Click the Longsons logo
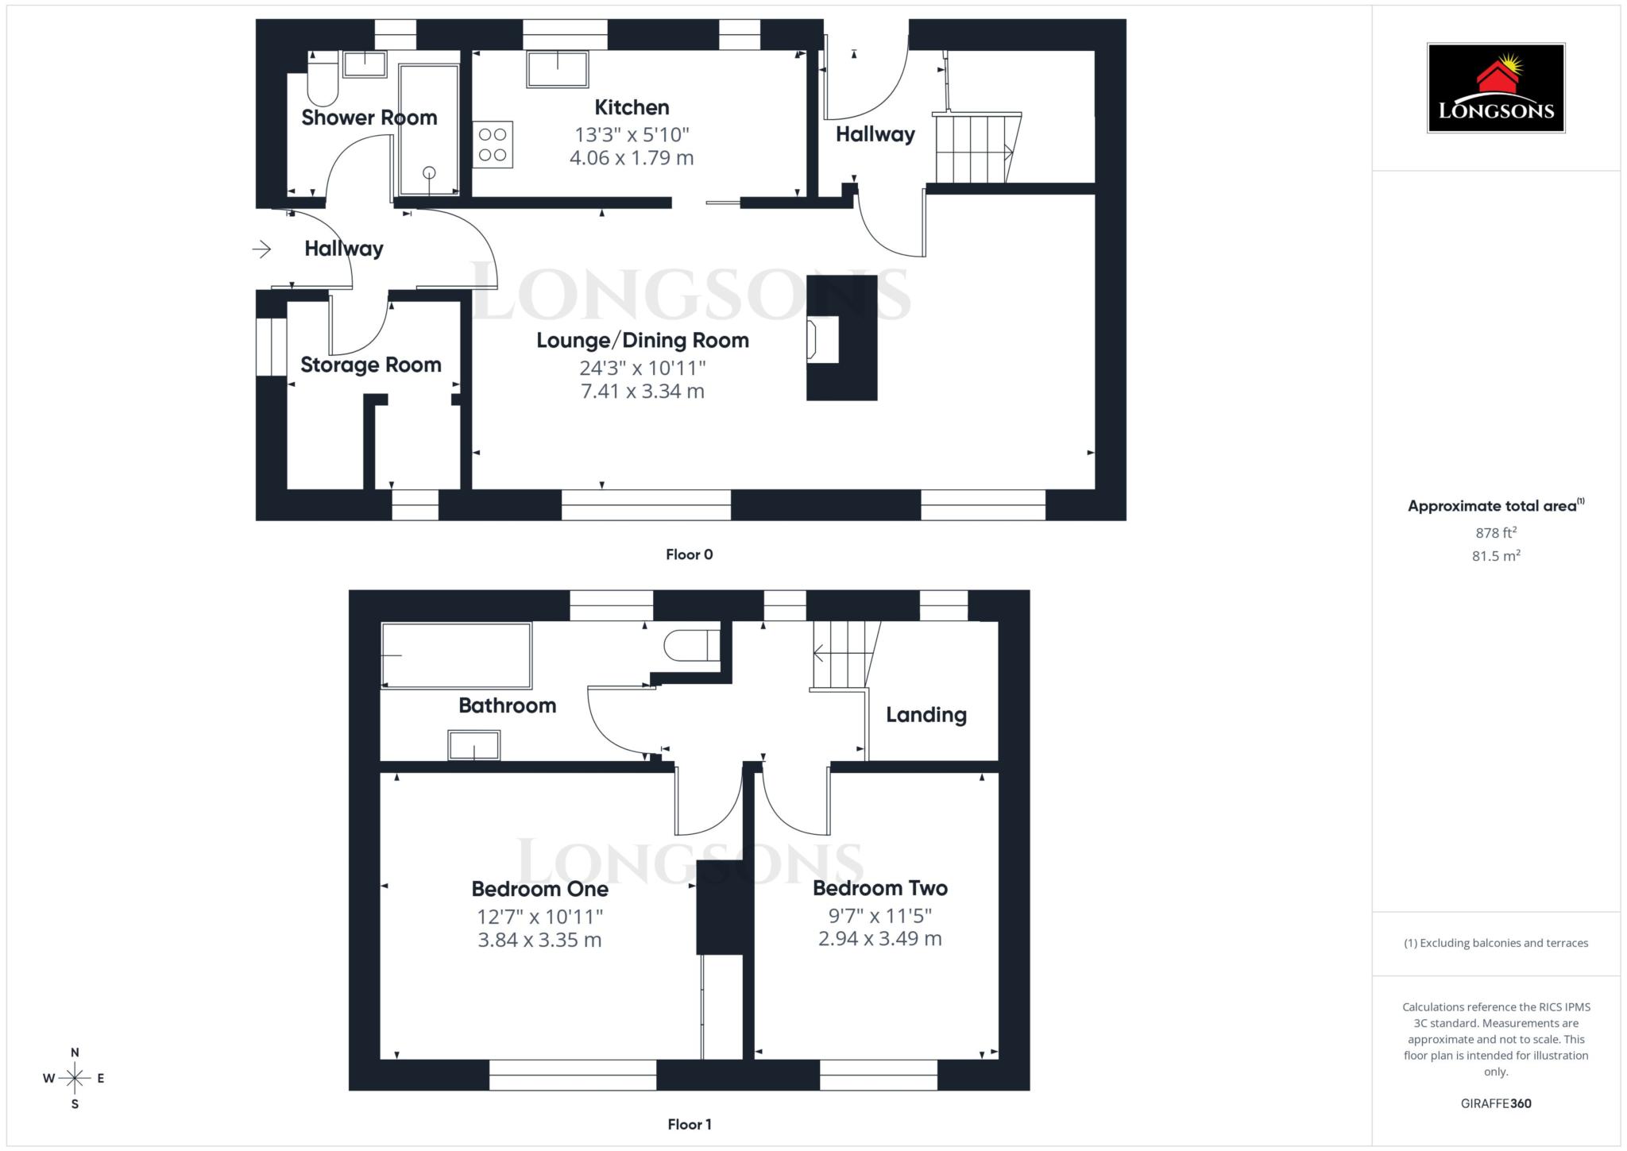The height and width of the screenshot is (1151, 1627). pyautogui.click(x=1495, y=88)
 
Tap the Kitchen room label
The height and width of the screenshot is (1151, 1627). pyautogui.click(x=632, y=107)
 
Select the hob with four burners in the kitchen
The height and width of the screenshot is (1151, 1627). pyautogui.click(x=493, y=145)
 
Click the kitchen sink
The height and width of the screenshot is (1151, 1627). pyautogui.click(x=557, y=69)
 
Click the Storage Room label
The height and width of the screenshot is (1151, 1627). pyautogui.click(x=370, y=365)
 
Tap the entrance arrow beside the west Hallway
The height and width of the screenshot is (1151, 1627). pyautogui.click(x=262, y=249)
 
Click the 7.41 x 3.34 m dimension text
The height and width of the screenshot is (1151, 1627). pyautogui.click(x=642, y=391)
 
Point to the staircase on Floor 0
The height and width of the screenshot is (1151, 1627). pyautogui.click(x=974, y=149)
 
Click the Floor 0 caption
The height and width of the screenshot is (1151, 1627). pyautogui.click(x=689, y=554)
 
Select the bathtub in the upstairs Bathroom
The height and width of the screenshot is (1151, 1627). pyautogui.click(x=456, y=655)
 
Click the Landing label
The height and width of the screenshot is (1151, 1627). pyautogui.click(x=926, y=715)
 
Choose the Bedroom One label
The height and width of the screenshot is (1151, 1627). pyautogui.click(x=539, y=889)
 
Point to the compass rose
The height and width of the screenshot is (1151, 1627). pyautogui.click(x=75, y=1078)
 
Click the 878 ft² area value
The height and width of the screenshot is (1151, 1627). pyautogui.click(x=1495, y=533)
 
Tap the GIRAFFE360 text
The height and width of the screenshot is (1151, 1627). pyautogui.click(x=1495, y=1103)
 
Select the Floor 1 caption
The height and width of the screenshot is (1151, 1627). pyautogui.click(x=689, y=1124)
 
